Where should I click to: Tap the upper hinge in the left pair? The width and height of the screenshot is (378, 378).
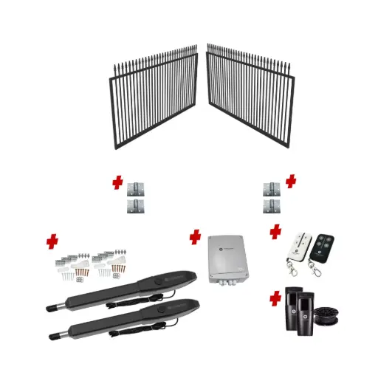click(134, 188)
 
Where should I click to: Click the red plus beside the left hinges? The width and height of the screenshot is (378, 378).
click(116, 182)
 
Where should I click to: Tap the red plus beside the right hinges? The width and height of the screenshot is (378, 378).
click(290, 181)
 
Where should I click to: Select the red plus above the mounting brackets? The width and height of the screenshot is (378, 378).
click(52, 241)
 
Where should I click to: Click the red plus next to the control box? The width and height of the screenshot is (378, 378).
click(195, 237)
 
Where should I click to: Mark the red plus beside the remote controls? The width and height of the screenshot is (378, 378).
click(275, 232)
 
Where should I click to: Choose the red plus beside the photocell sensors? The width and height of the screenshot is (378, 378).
click(275, 299)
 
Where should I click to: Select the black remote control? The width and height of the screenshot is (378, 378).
click(323, 245)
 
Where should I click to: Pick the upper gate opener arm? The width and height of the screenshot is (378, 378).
click(118, 292)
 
